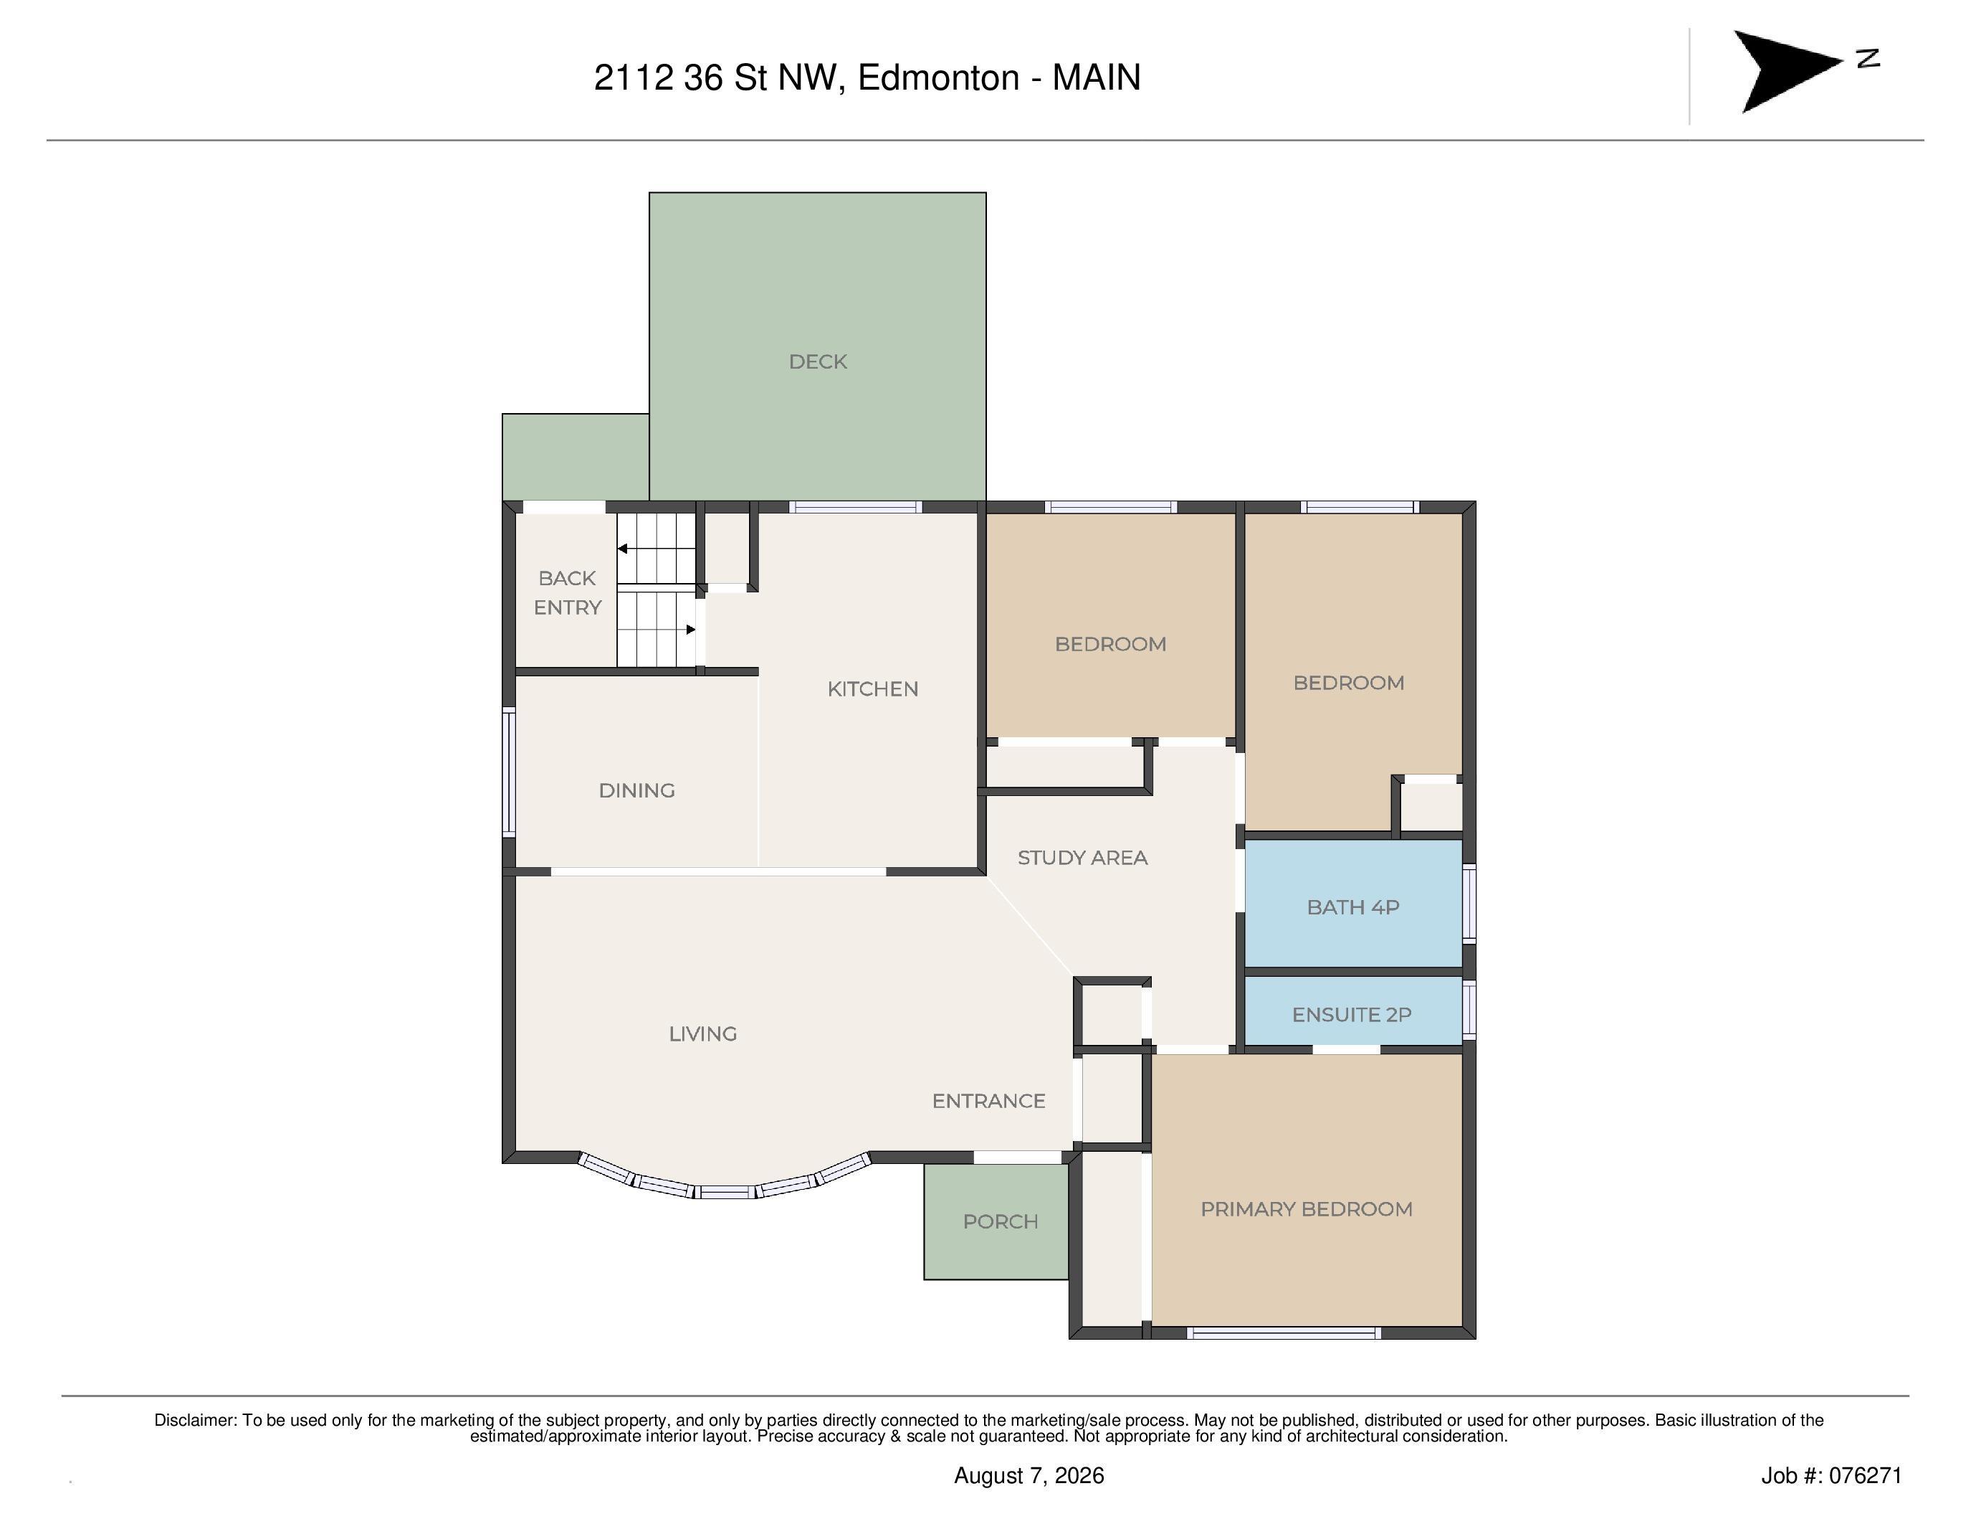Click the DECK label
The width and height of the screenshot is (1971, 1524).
[818, 362]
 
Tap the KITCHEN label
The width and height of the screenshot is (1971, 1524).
[873, 689]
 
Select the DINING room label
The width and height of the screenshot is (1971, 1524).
[636, 791]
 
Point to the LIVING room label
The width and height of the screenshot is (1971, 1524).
[703, 1033]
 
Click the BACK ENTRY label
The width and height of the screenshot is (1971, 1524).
[568, 592]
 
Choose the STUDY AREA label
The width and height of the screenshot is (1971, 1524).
[1082, 858]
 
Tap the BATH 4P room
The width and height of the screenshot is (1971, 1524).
[1352, 904]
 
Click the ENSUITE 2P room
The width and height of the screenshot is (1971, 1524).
[1352, 1011]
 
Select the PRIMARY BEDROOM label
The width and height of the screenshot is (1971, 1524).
[1306, 1209]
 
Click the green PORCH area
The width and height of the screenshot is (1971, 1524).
[996, 1221]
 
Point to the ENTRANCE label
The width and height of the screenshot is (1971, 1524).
[988, 1102]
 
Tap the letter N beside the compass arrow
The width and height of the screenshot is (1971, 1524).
[1868, 59]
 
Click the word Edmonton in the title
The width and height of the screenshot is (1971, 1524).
[939, 77]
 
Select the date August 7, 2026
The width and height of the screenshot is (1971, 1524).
[1029, 1475]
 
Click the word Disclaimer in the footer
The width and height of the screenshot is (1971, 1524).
[195, 1420]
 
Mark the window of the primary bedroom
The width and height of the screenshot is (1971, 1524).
[1284, 1333]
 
